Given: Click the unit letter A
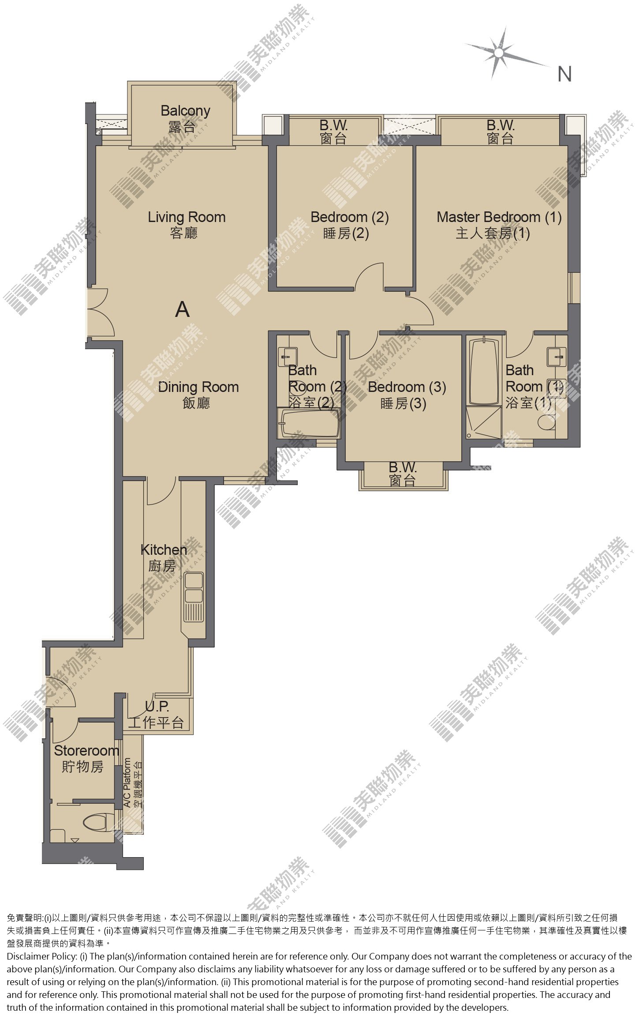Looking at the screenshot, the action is [182, 309].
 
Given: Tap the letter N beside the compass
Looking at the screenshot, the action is [564, 74].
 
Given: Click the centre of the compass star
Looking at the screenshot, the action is [499, 53].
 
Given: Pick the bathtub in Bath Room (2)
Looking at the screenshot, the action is [309, 423].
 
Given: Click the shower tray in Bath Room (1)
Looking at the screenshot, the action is [484, 422].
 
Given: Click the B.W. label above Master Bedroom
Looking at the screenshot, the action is [501, 132].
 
